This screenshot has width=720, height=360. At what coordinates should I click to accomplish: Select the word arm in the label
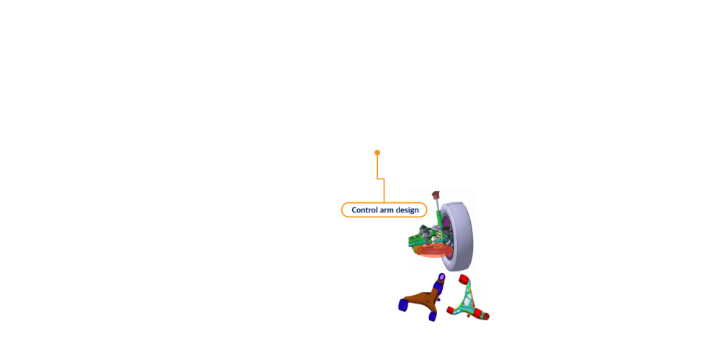[390, 210]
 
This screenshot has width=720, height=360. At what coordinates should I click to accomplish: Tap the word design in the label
[408, 210]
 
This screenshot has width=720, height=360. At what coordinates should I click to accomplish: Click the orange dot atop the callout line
[377, 153]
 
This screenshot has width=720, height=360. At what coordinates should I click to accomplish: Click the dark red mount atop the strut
[436, 194]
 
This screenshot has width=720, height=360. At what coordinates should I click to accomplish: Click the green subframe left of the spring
[417, 239]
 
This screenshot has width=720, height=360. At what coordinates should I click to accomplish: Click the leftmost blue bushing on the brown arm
[403, 305]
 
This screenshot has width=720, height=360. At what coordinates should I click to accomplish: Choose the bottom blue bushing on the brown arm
[432, 317]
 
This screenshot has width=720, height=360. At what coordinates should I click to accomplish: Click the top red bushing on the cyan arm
[464, 279]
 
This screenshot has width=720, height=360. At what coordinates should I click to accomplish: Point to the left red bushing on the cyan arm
[452, 310]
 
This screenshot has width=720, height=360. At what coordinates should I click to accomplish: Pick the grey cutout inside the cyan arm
[467, 300]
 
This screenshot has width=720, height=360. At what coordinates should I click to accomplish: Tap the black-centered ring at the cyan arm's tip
[487, 316]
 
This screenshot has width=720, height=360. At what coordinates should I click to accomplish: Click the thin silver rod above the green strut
[438, 204]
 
